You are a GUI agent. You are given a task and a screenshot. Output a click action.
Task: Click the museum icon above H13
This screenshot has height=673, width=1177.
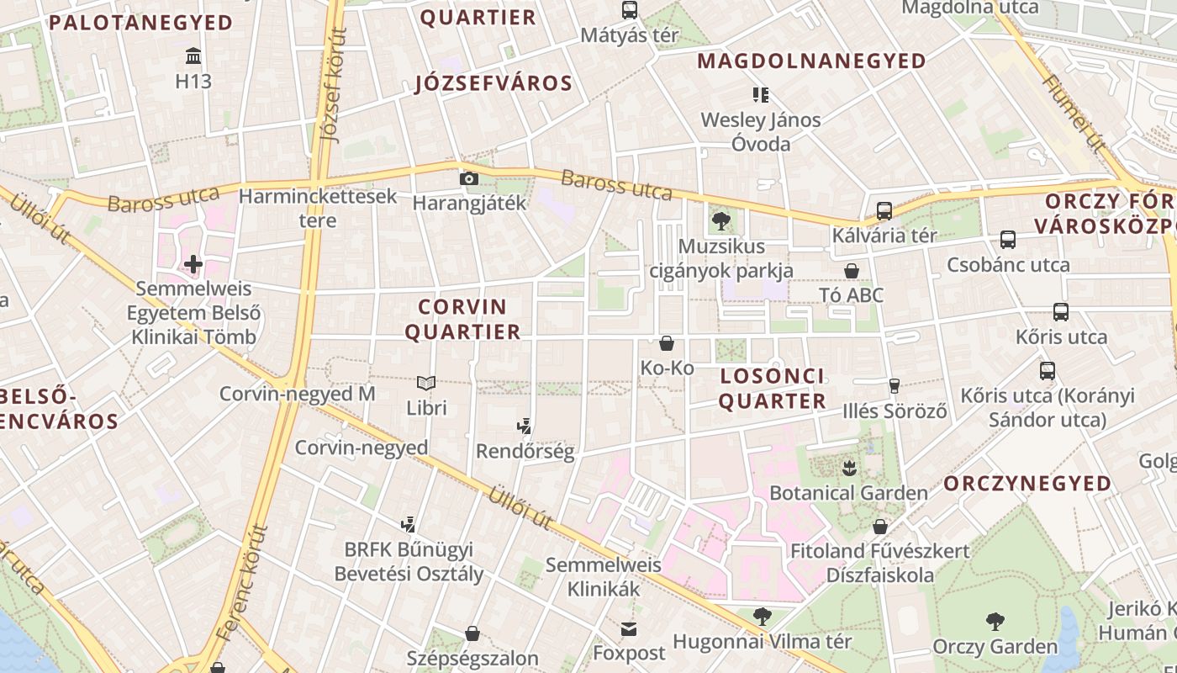[x=193, y=56]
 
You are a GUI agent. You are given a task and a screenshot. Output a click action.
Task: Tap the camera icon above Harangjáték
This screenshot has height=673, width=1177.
[x=469, y=178]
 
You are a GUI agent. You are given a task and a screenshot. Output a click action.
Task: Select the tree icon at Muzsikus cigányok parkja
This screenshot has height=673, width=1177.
[x=720, y=221]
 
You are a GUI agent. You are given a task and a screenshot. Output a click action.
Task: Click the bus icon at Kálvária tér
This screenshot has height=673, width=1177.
[x=884, y=210]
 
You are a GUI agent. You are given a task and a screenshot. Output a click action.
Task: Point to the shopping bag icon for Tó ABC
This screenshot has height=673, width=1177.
[x=852, y=271]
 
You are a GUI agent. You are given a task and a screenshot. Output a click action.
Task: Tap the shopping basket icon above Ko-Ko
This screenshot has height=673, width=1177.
[x=667, y=343]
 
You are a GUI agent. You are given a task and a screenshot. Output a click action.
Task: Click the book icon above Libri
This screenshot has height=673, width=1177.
[x=426, y=384]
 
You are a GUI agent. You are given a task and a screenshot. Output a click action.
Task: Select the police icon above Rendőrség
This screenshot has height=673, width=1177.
[x=525, y=427]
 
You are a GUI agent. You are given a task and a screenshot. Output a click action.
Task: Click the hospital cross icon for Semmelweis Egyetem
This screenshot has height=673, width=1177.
[x=193, y=264]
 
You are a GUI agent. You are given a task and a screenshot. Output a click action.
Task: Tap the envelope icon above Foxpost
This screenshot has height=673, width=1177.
[x=629, y=628]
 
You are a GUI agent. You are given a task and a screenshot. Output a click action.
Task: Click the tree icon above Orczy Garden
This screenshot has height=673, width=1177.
[x=995, y=622]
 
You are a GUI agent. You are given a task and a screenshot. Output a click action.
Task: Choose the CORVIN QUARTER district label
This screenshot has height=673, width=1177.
[x=463, y=319]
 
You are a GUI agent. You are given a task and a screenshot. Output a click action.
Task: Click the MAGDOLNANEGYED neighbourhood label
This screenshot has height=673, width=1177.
[x=811, y=61]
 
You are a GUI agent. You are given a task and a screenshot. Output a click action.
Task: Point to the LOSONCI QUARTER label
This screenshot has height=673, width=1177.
[x=772, y=388]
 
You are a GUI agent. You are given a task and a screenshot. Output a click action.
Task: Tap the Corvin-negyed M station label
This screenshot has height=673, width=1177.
[x=297, y=394]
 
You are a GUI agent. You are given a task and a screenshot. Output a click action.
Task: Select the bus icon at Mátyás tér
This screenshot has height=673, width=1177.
[x=629, y=10]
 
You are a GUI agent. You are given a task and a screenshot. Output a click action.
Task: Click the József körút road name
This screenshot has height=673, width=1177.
[x=335, y=84]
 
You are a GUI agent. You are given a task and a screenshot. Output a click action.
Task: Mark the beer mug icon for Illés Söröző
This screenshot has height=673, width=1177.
[x=894, y=386]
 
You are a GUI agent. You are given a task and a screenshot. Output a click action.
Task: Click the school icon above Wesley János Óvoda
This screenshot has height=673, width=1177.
[x=760, y=94]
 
